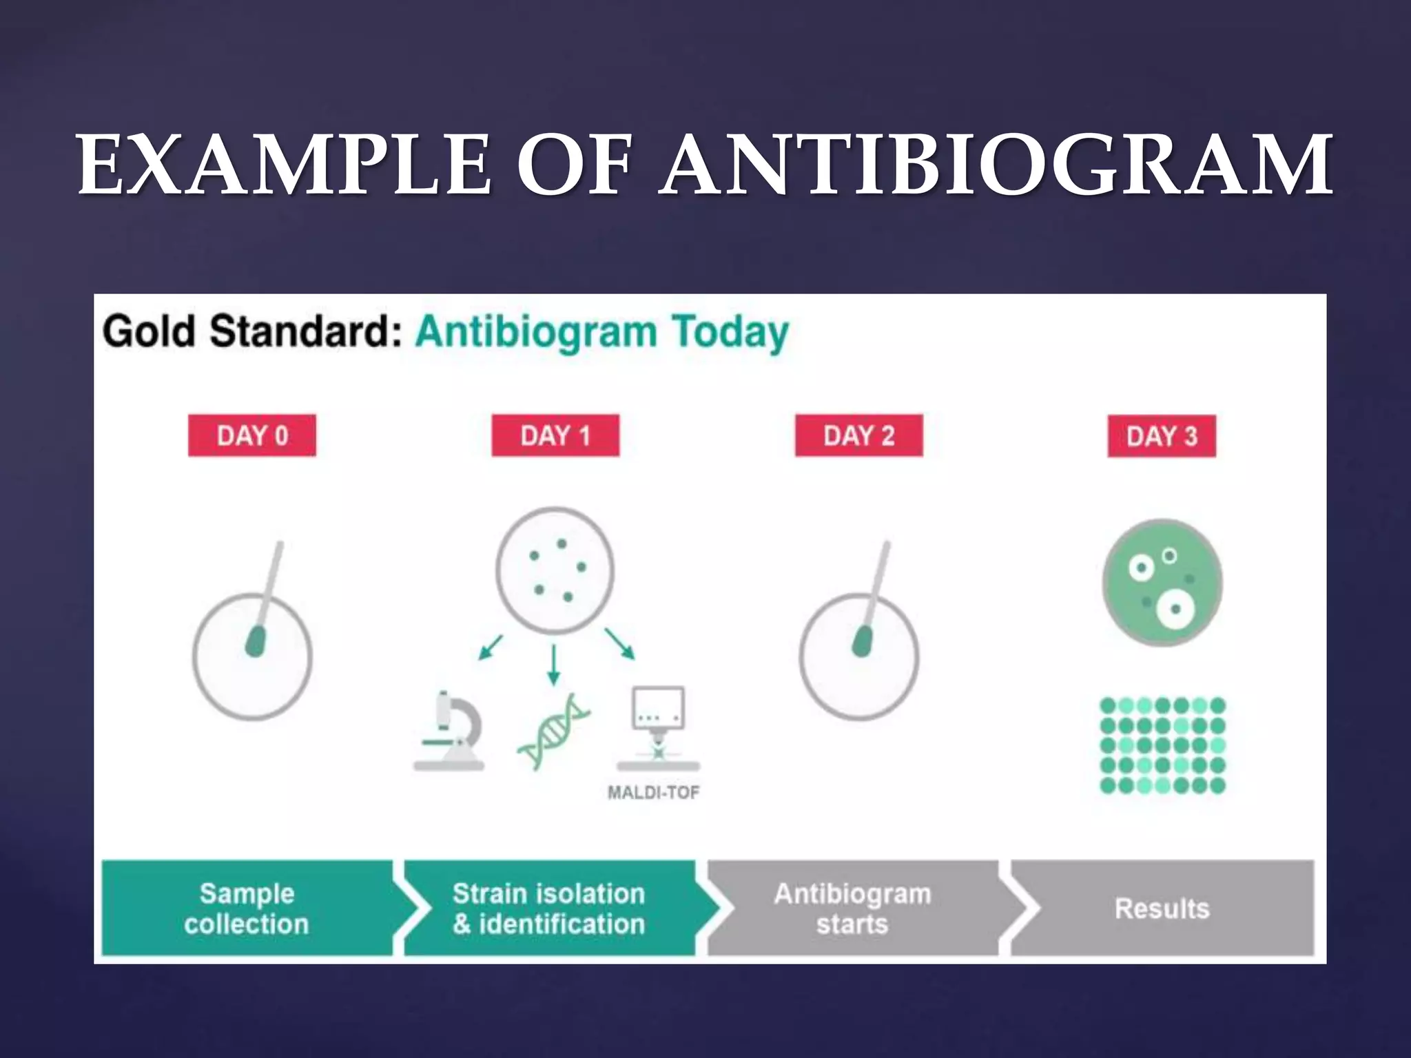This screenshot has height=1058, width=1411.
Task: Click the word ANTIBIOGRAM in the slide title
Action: pos(996,165)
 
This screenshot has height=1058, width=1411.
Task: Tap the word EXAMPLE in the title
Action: pos(284,165)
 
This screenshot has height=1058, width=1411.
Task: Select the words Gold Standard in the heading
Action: pos(252,332)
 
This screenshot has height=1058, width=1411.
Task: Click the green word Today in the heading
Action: pos(730,333)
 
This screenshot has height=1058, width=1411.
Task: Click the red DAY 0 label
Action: pos(252,435)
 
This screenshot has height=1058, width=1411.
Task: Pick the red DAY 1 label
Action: pos(555,435)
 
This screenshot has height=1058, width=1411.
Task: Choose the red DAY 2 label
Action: pos(858,435)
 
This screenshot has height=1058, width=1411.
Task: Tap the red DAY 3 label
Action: pos(1162,436)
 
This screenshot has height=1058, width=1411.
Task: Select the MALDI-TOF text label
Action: pos(653,793)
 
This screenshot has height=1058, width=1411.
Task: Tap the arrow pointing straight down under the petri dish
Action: pos(553,665)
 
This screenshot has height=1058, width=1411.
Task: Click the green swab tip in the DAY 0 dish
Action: pos(256,641)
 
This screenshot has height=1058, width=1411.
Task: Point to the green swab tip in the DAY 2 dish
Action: pos(862,641)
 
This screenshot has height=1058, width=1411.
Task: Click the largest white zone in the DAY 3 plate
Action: pos(1175,609)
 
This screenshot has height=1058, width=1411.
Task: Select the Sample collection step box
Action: pos(247,909)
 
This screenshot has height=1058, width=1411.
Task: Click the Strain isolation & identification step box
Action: pos(549,909)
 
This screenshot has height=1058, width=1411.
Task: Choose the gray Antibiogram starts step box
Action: pos(852,909)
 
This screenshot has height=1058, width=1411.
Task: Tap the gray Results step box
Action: pos(1162,909)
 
